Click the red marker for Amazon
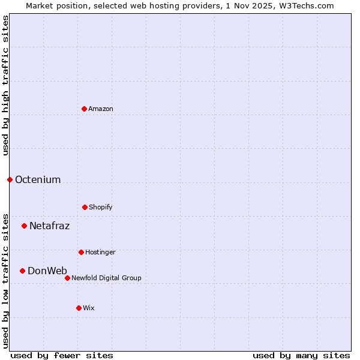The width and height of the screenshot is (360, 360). point(84,109)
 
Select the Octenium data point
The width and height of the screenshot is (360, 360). point(10,179)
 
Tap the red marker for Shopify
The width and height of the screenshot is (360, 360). point(85,207)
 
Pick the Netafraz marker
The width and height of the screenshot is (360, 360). point(24,226)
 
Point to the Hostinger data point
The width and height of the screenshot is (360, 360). point(81,252)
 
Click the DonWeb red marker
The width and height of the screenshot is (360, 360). point(22,271)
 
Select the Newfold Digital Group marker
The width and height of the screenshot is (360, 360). point(67,278)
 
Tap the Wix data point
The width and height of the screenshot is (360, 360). point(79,308)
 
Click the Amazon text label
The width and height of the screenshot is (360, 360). point(101,109)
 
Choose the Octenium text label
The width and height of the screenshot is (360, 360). point(38,179)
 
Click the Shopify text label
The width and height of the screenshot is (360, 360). point(101,207)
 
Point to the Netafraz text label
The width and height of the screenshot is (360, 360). point(49,226)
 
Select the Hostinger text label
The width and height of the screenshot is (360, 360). point(100,252)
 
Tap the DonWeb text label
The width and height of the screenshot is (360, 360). point(47,271)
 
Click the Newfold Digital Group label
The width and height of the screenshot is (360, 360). point(106,278)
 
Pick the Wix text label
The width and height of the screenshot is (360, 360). point(89,308)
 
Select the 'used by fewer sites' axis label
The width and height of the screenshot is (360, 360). point(62,355)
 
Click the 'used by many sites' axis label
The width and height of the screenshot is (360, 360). point(301,355)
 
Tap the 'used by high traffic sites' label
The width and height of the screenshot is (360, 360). point(5,85)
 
